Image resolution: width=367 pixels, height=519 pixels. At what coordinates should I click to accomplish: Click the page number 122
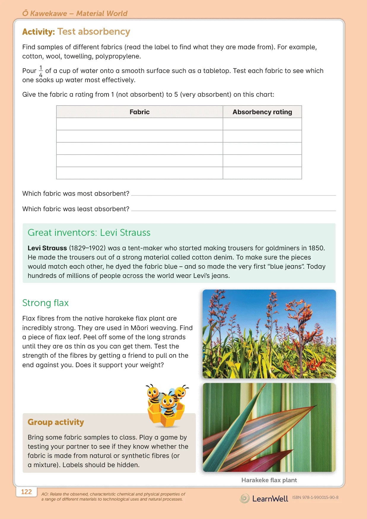[x=26, y=492]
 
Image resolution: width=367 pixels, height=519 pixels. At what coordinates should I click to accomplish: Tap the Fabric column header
[x=139, y=112]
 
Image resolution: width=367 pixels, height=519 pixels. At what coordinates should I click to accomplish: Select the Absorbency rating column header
[x=262, y=112]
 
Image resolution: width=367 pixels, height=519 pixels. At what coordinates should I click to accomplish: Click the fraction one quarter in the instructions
[x=41, y=71]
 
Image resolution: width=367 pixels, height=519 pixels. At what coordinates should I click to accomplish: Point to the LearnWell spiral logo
[x=244, y=498]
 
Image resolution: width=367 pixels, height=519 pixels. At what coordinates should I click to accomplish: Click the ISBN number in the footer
[x=315, y=497]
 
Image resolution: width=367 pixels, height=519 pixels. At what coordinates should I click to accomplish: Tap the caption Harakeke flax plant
[x=269, y=480]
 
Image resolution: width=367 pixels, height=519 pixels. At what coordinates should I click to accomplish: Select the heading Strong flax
[x=45, y=303]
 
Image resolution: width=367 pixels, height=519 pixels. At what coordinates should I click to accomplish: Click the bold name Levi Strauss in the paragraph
[x=47, y=248]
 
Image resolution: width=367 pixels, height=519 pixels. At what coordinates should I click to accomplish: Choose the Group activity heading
[x=56, y=422]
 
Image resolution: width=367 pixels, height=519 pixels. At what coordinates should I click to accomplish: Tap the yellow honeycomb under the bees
[x=166, y=417]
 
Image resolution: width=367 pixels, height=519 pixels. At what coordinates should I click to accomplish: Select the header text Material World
[x=102, y=13]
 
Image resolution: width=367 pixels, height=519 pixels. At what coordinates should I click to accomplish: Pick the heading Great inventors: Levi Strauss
[x=89, y=233]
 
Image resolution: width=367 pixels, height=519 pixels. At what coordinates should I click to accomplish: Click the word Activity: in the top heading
[x=39, y=32]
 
